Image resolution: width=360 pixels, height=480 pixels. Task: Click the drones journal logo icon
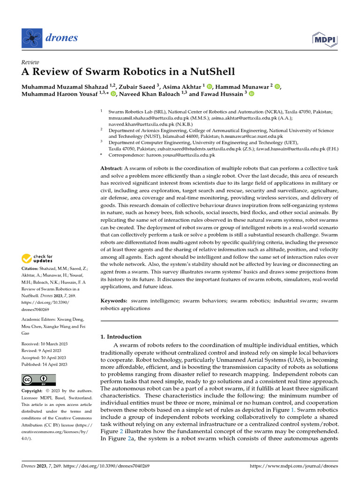(31, 37)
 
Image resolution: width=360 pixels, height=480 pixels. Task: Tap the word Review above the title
(30, 62)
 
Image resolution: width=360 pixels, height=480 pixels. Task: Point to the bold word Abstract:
(112, 168)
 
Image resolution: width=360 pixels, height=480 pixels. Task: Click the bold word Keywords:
(114, 300)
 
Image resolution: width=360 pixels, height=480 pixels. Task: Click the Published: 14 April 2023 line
(45, 364)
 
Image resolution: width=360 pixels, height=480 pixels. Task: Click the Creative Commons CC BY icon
(38, 379)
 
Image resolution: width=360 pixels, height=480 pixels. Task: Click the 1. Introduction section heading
(121, 337)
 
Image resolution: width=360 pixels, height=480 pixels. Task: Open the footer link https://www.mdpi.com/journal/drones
(294, 466)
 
